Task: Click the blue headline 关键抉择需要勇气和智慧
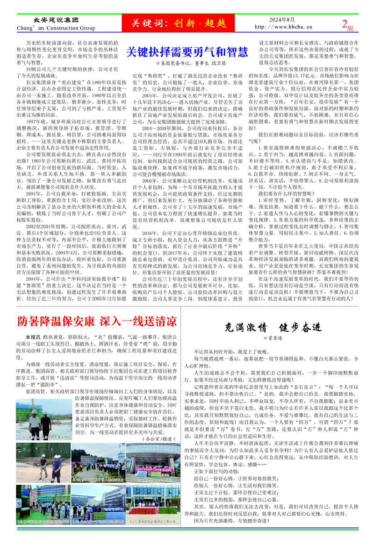click(x=187, y=51)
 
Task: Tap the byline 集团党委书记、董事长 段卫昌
click(x=187, y=62)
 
